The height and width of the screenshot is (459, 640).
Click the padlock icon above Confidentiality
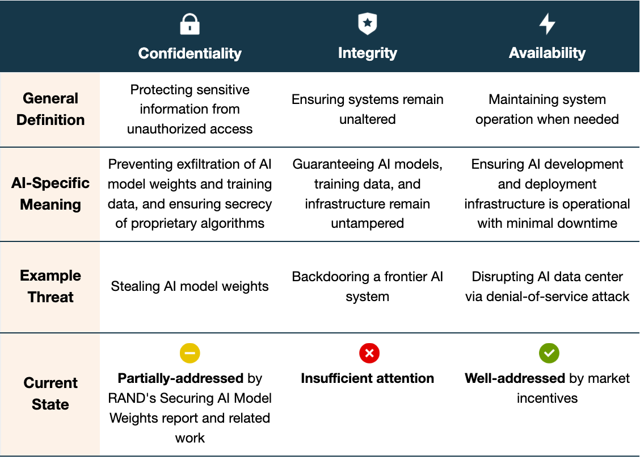pos(190,24)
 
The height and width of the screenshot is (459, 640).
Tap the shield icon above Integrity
pos(368,24)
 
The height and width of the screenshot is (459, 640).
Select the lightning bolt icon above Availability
pos(547,24)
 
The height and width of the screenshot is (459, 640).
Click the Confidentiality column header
pos(190,53)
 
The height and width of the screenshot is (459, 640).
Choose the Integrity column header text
pos(368,53)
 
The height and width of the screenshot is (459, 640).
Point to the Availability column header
pos(547,53)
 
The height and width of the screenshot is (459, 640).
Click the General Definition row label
pos(50,109)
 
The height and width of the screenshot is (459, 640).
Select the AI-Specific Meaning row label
pos(50,194)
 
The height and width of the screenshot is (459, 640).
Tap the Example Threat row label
pos(50,286)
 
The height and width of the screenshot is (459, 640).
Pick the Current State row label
pos(50,394)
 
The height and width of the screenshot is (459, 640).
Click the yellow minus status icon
pos(190,353)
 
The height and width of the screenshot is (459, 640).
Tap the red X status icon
pos(369,353)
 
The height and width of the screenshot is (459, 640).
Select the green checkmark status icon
pos(549,353)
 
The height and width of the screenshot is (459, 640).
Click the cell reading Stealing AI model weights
pos(190,286)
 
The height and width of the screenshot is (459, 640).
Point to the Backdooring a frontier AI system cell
pos(368,286)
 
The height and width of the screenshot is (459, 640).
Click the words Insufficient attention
pos(368,378)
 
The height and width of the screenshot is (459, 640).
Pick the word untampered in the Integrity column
pos(368,223)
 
